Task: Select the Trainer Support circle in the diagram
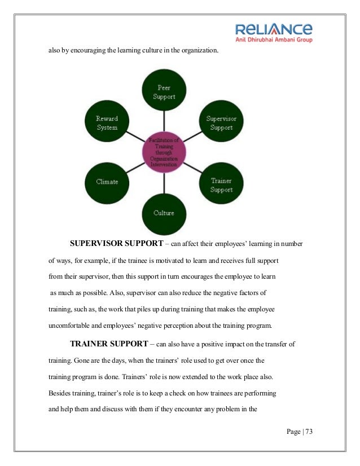221,185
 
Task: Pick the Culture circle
164,213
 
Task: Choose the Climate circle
107,182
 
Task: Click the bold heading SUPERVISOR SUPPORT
116,244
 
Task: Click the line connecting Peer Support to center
164,122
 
